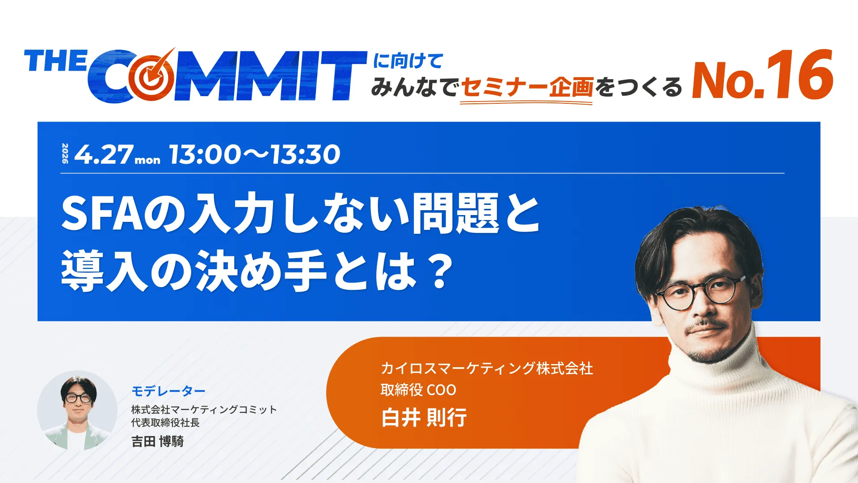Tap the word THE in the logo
55,61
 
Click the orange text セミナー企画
527,87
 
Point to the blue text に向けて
408,61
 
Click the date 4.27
104,155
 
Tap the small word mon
147,160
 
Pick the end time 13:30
305,155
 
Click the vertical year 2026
65,153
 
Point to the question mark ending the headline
440,271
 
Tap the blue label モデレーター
168,391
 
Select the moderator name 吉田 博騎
157,441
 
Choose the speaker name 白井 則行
424,418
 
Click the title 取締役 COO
418,390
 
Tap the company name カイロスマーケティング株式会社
487,369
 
